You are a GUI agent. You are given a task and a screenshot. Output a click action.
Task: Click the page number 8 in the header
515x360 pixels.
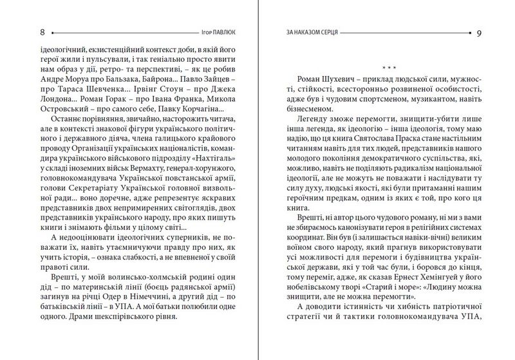coord(24,32)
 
